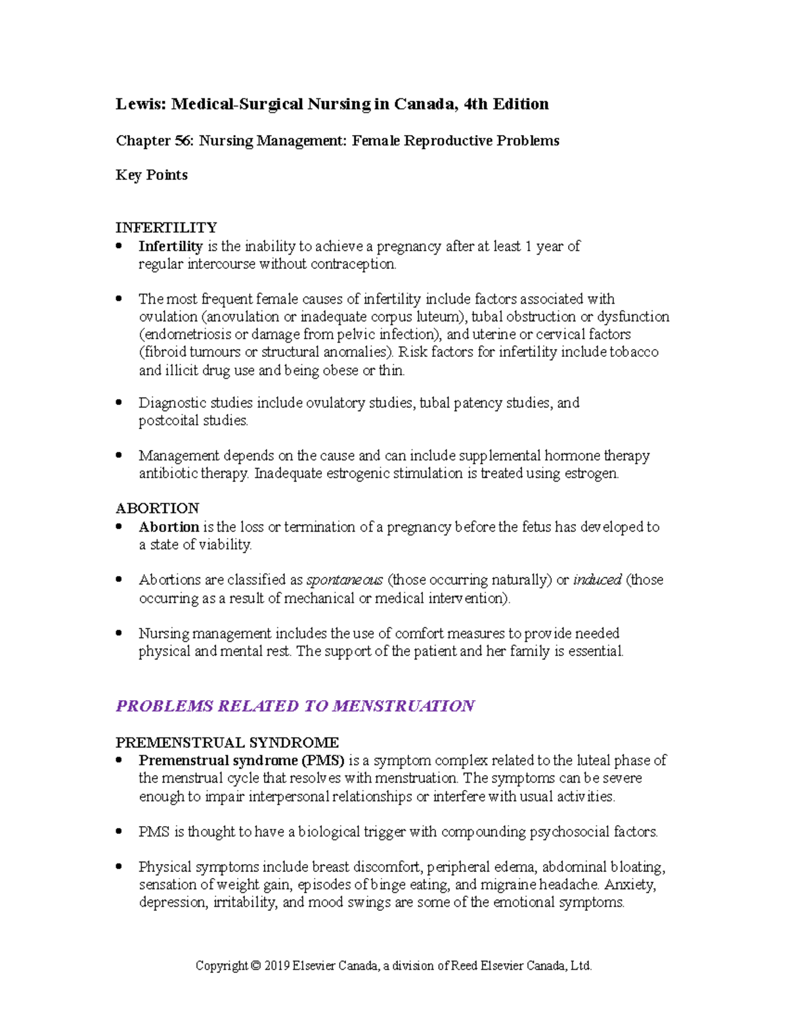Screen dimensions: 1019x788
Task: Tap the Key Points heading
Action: coord(152,175)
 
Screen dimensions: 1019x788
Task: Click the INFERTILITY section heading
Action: coord(166,228)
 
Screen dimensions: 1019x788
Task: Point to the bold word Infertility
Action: coord(170,247)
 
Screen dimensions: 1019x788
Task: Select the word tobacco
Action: coord(634,352)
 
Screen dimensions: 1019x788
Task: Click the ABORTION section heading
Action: coord(157,509)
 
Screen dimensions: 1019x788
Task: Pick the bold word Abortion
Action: coord(169,527)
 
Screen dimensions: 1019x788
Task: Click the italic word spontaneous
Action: coord(345,580)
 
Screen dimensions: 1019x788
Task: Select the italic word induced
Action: coord(597,580)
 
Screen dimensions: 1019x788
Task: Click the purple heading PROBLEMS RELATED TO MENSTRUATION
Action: coord(295,706)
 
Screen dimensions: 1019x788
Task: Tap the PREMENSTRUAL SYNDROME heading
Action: coord(227,743)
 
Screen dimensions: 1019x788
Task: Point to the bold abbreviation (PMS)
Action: coord(323,760)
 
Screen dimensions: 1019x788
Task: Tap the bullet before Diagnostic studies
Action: coord(119,402)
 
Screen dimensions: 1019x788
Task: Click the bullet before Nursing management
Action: coord(119,633)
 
